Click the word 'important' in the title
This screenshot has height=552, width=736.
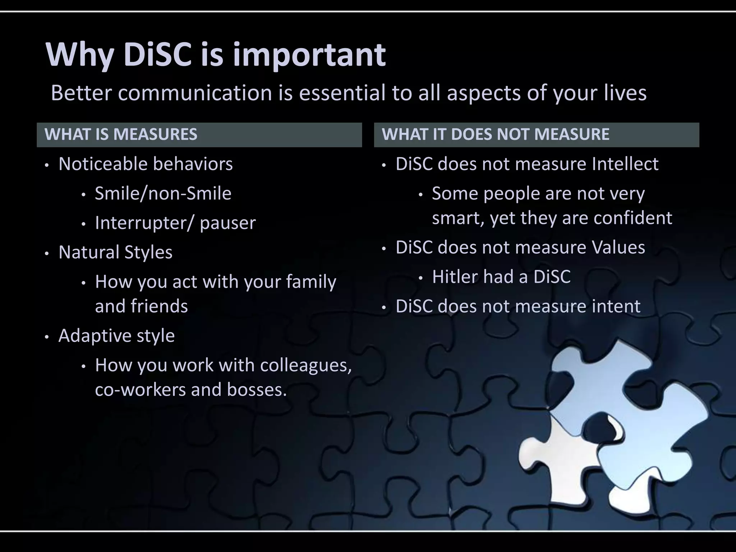click(x=309, y=56)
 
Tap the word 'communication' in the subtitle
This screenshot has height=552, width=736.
click(x=195, y=93)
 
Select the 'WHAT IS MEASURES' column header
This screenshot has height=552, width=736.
click(x=121, y=134)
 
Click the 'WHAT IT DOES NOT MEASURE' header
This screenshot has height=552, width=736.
click(x=495, y=134)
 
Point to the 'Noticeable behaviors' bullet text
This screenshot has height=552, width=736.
click(x=146, y=164)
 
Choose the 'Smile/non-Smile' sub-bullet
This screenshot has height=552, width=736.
click(x=163, y=194)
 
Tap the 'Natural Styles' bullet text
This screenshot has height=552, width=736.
click(x=115, y=252)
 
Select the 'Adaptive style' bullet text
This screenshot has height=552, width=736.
click(x=116, y=336)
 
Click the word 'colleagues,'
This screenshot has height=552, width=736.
click(x=306, y=365)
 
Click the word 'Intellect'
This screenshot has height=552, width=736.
click(x=625, y=164)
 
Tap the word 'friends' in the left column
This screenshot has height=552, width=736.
click(x=159, y=307)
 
